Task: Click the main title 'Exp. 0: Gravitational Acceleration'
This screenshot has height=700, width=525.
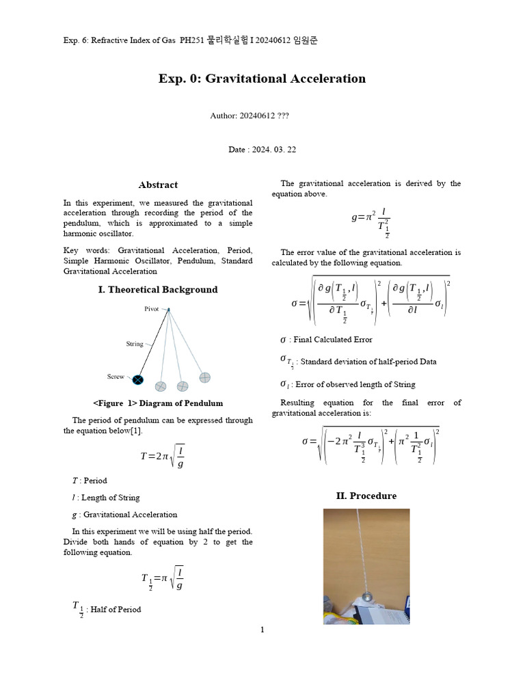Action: (x=262, y=79)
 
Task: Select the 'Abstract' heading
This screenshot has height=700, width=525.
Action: (x=158, y=185)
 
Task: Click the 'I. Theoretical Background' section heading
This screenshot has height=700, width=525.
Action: (x=158, y=289)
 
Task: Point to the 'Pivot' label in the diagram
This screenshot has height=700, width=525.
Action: (x=152, y=309)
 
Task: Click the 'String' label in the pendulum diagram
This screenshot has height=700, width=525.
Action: (x=135, y=344)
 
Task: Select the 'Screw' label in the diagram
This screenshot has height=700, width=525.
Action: (x=116, y=377)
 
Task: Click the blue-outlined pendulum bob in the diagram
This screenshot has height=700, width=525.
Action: (x=138, y=379)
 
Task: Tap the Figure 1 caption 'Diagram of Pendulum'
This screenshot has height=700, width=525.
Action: (x=158, y=403)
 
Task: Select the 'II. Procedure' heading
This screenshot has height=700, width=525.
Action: (x=366, y=496)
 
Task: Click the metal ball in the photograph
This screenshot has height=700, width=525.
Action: (x=366, y=596)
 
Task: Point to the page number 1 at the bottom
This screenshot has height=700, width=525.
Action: (x=262, y=630)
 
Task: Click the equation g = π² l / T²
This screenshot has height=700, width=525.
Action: (x=371, y=223)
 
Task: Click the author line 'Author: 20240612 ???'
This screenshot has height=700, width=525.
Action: (x=250, y=116)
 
